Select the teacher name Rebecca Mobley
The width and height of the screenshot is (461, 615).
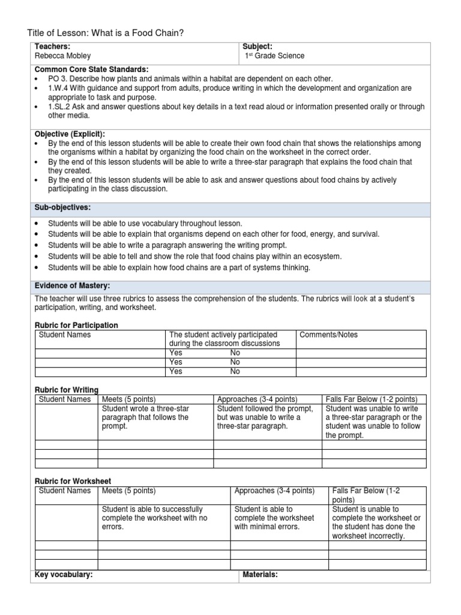click(62, 56)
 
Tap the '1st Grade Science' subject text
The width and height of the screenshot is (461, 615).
click(274, 56)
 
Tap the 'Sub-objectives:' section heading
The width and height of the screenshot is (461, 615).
click(62, 207)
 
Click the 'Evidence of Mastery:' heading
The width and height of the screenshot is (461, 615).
click(72, 285)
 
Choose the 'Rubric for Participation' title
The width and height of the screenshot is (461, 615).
click(76, 325)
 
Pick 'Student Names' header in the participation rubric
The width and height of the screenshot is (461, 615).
click(65, 335)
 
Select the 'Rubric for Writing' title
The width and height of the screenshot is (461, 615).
click(67, 390)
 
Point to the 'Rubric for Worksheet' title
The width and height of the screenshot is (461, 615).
click(73, 481)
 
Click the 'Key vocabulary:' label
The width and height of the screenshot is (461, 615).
click(64, 575)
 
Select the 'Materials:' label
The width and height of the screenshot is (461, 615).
click(260, 575)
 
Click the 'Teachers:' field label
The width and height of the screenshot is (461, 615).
click(53, 47)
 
